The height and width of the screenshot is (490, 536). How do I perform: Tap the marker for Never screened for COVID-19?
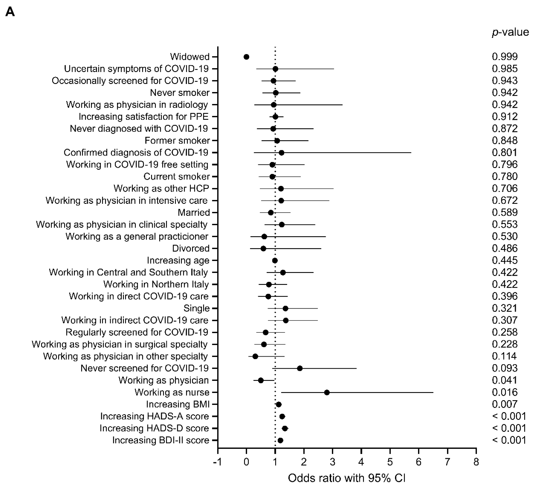click(x=300, y=368)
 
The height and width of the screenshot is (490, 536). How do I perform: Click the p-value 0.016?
click(x=504, y=392)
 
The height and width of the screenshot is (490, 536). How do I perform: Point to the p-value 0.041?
click(x=504, y=380)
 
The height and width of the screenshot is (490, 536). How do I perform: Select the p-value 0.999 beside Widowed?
click(x=504, y=57)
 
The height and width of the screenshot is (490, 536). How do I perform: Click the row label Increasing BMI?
click(x=178, y=404)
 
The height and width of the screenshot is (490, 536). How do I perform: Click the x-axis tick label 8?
click(x=476, y=462)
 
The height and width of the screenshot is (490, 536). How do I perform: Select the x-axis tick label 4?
click(x=361, y=462)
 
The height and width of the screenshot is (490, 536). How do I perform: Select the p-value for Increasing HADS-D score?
click(x=509, y=428)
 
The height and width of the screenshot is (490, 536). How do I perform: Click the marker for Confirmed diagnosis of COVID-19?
click(x=281, y=153)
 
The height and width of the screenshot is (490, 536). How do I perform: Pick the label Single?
click(x=196, y=308)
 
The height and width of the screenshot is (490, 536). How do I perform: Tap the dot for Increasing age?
click(x=275, y=260)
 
